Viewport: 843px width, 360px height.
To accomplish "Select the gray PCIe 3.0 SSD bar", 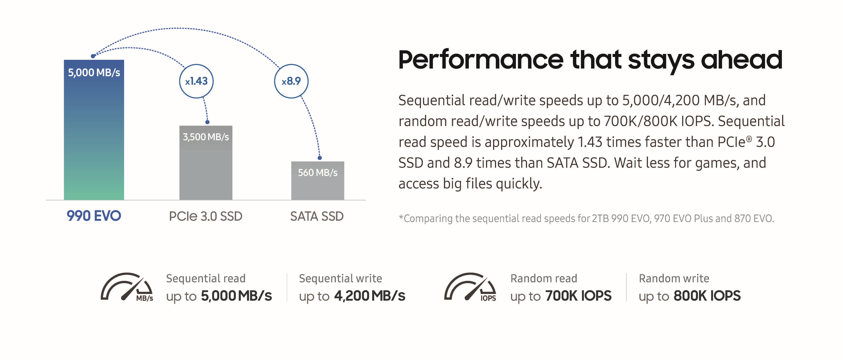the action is (206, 163).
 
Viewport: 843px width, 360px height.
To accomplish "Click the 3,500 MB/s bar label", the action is (206, 137).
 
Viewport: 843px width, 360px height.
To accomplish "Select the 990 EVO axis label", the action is (94, 216).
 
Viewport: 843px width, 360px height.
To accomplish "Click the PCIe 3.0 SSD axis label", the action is (206, 216).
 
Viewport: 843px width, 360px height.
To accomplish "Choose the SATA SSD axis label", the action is (317, 216).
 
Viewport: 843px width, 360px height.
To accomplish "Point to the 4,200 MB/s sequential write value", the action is (369, 296).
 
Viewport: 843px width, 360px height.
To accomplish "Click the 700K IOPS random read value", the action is (578, 296).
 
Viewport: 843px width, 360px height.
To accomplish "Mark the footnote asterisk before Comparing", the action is (401, 216).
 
